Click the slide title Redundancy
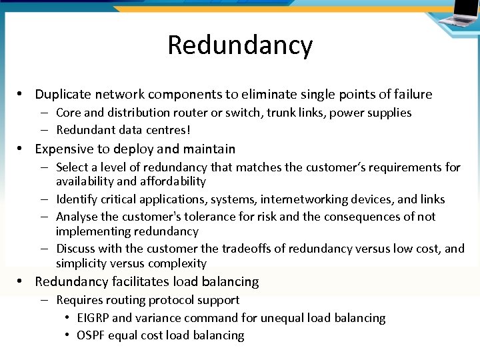[240, 45]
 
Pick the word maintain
[211, 149]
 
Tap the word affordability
[170, 181]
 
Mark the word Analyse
[77, 217]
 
